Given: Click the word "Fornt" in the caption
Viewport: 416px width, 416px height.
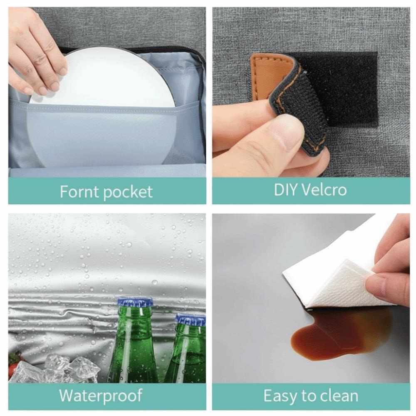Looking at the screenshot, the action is point(79,191).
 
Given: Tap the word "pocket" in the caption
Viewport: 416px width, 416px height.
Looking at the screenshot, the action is point(128,192).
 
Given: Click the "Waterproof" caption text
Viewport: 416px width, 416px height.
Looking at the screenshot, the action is point(101,396).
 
